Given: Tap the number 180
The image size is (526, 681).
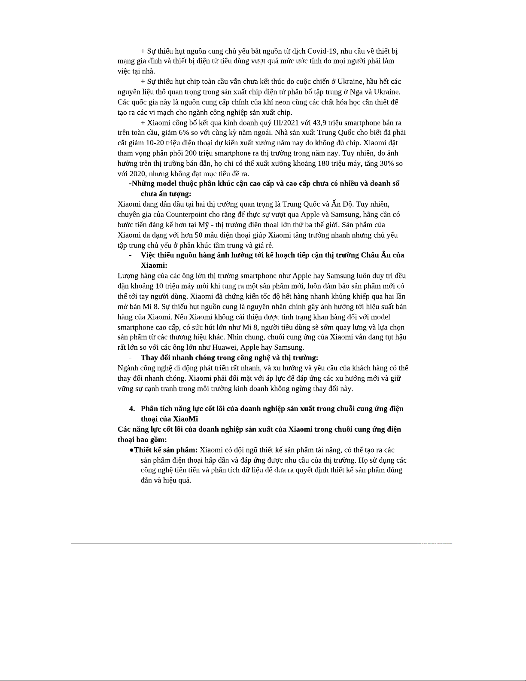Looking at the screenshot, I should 323,164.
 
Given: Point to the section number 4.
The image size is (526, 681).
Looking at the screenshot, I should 132,409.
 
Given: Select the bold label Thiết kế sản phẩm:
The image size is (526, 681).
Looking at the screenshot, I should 166,450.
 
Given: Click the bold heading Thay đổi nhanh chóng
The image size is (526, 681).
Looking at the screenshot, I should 180,358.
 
